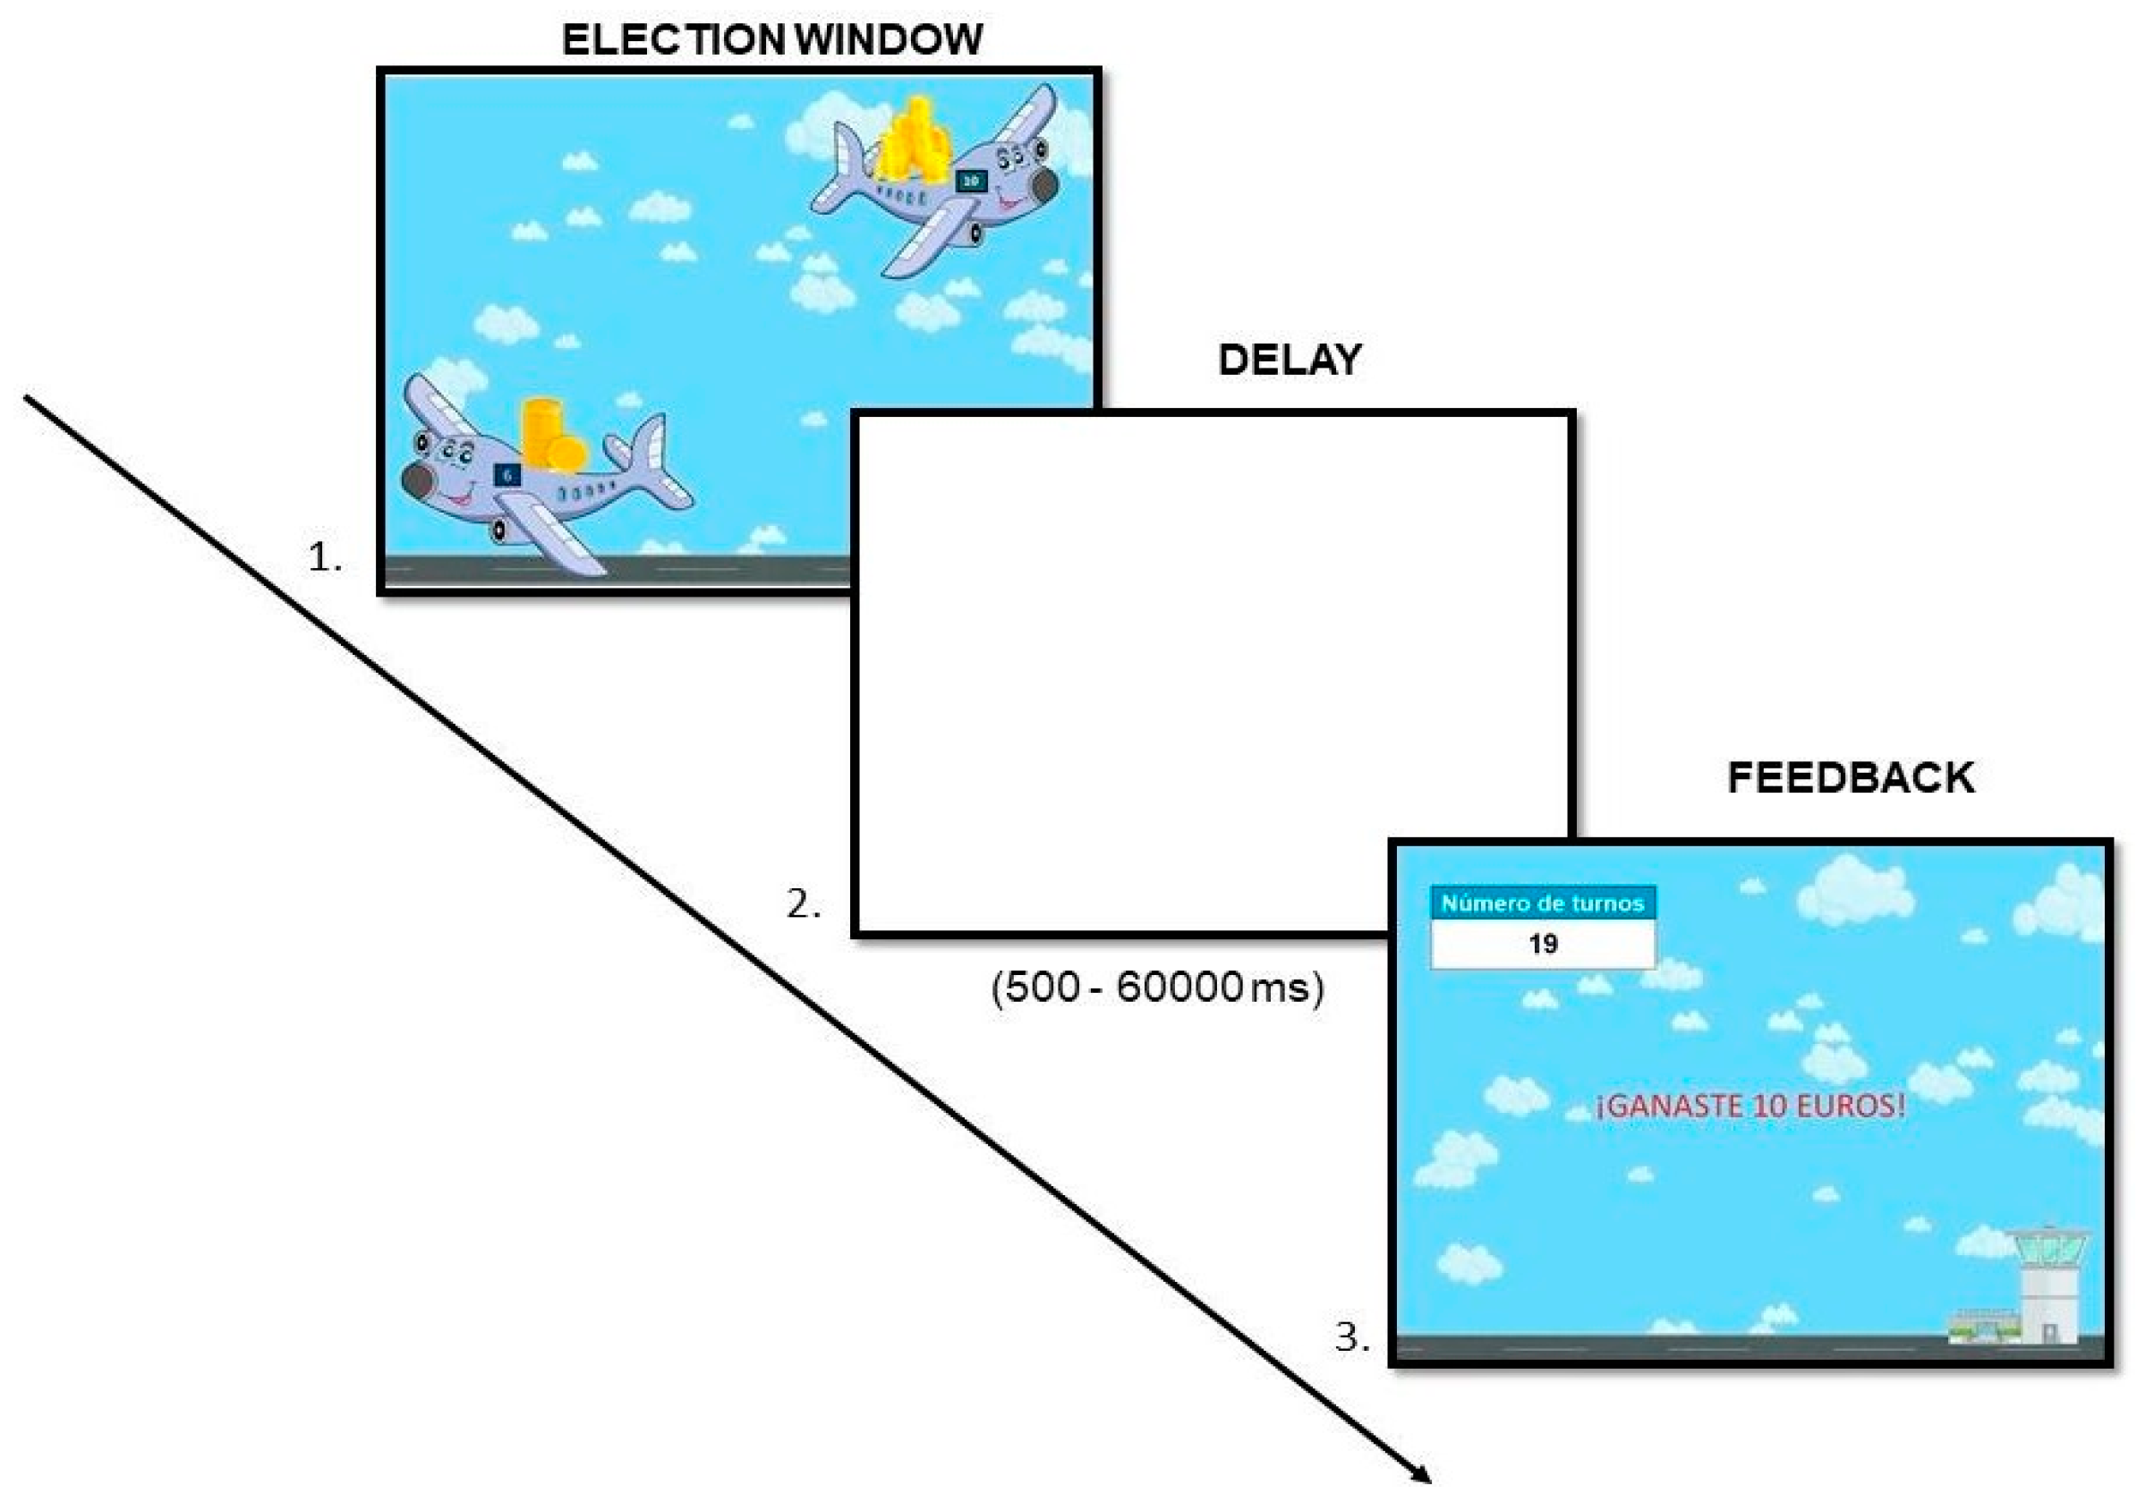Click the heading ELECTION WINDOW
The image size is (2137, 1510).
[771, 40]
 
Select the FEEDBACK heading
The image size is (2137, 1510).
[1851, 777]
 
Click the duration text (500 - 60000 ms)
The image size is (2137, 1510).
[1157, 987]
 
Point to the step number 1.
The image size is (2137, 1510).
[325, 557]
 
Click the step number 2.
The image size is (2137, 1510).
[804, 904]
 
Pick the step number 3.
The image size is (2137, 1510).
[1351, 1338]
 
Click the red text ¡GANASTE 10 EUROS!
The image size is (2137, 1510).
[1750, 1107]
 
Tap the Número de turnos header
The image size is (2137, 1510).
[1542, 903]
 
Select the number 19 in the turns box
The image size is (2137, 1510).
[1542, 945]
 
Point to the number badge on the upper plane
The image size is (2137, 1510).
[971, 182]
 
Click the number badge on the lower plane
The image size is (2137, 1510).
[507, 475]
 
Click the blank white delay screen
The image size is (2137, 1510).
[1210, 670]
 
